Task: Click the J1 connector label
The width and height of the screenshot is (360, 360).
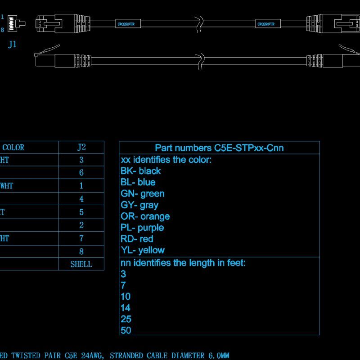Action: [x=13, y=45]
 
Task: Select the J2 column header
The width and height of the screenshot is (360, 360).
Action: [x=81, y=147]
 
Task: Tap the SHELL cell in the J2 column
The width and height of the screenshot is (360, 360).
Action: [x=81, y=264]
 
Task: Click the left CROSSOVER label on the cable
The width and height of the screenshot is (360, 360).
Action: [x=128, y=23]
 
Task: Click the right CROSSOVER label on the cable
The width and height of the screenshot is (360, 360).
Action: [x=266, y=23]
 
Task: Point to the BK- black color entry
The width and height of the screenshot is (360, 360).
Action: [x=140, y=171]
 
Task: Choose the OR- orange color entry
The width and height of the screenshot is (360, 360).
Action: [x=145, y=216]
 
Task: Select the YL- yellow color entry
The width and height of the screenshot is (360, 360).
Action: [x=142, y=250]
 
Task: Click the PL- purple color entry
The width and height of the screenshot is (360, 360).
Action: [x=142, y=228]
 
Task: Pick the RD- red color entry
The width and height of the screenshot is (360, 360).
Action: [x=137, y=239]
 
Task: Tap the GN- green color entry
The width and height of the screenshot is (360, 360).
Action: [x=142, y=193]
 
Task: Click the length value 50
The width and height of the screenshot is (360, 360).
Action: [x=126, y=330]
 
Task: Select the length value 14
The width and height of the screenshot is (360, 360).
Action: [x=126, y=308]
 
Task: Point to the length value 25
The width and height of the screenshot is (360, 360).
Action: [x=126, y=319]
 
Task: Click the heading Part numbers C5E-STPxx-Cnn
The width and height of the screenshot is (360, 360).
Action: [x=219, y=148]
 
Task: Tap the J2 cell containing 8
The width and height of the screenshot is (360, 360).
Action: [x=81, y=251]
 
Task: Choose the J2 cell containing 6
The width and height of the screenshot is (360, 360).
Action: [x=81, y=172]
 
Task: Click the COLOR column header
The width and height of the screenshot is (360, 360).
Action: [x=13, y=147]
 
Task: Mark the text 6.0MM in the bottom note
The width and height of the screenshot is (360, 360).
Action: [x=218, y=355]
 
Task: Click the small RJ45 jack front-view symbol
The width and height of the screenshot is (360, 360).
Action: [x=17, y=23]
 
